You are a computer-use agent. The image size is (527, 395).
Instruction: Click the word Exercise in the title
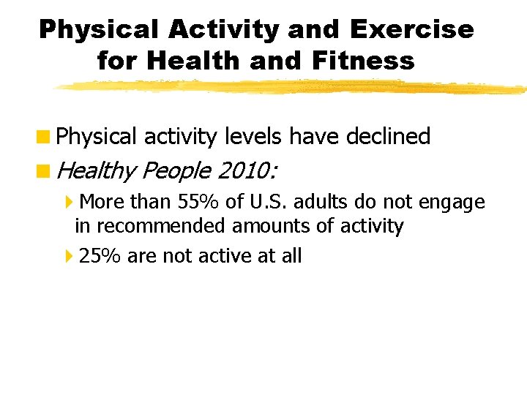click(412, 29)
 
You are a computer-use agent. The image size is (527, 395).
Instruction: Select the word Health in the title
click(193, 61)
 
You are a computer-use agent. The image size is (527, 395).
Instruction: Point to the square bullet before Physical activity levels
click(45, 137)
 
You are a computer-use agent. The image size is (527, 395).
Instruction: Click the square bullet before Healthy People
click(45, 171)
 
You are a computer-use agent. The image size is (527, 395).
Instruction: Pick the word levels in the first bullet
click(253, 137)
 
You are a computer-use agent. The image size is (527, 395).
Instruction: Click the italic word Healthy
click(96, 171)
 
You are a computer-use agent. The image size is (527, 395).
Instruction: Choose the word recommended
click(159, 226)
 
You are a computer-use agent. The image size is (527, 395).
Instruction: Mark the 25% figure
click(100, 256)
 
